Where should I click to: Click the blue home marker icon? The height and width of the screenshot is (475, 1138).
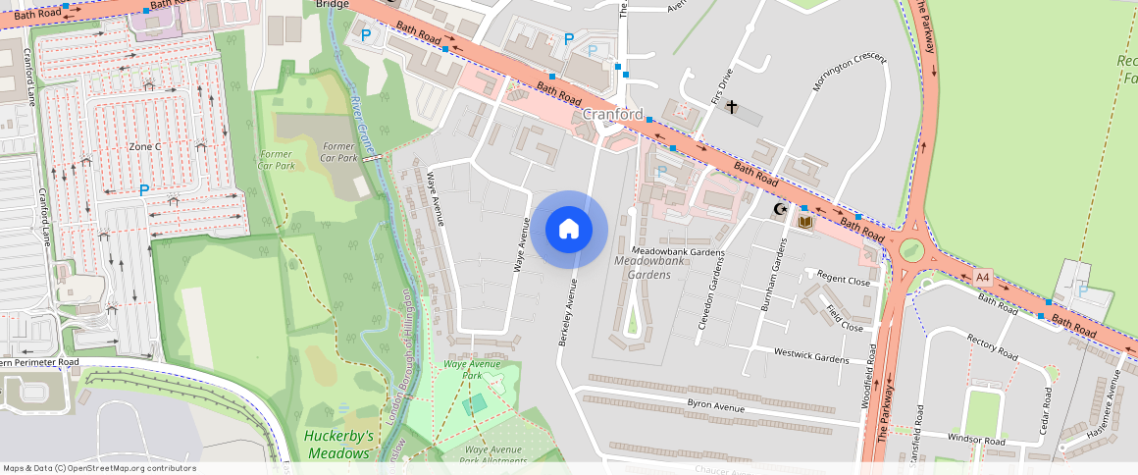(x=569, y=230)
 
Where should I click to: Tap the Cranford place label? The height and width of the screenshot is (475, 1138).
(x=612, y=115)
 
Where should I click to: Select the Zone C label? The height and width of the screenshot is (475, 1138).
(x=144, y=146)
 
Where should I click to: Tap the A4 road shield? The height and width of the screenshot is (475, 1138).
(x=983, y=278)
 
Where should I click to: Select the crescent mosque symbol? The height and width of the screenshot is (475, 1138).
(x=781, y=209)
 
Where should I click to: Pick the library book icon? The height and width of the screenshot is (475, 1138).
(x=805, y=223)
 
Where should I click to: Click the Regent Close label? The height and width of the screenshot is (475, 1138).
(x=844, y=280)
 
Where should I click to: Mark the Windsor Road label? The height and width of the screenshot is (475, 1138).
(x=976, y=441)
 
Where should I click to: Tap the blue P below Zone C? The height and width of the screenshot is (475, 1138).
(x=144, y=189)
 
